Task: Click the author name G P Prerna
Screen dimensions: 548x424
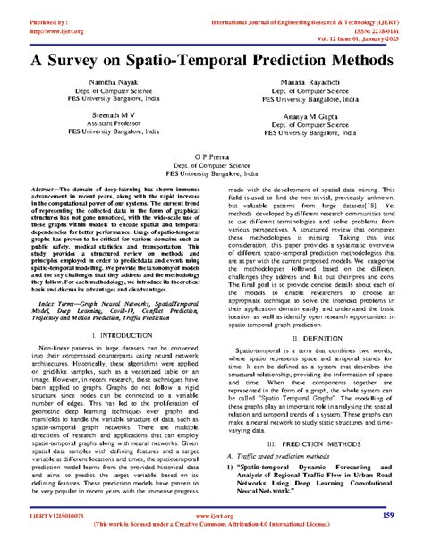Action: coord(212,180)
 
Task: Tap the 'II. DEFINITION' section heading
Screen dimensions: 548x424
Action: coord(311,340)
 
